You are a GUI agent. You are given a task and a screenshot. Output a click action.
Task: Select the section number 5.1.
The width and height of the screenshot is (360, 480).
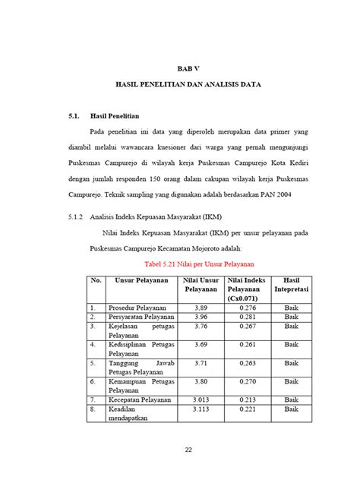[74, 116]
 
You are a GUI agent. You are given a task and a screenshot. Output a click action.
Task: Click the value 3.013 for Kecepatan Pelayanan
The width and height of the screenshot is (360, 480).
[201, 399]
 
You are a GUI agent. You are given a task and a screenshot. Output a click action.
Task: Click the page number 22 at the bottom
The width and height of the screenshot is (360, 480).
[187, 450]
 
